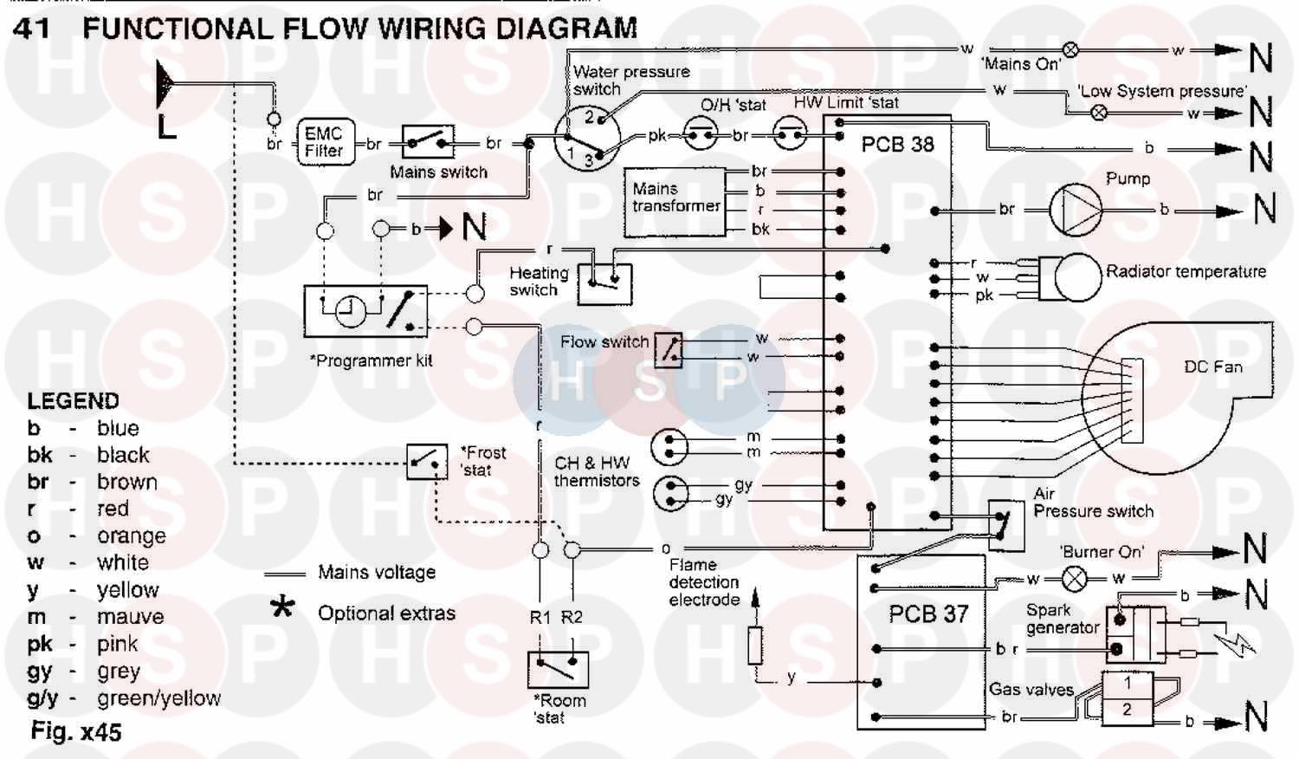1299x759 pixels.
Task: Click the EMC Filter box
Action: point(323,142)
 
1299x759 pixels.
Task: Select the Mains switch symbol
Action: point(430,143)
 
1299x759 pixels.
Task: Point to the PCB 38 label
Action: point(897,145)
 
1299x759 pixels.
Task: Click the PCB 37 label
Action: point(927,614)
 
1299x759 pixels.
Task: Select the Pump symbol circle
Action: point(1075,209)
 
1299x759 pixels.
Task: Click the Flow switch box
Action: point(668,349)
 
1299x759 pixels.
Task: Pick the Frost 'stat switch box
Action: point(427,462)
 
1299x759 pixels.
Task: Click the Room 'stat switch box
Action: point(558,669)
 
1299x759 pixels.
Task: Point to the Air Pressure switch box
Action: point(1005,523)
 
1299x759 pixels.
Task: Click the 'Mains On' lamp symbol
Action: point(1070,49)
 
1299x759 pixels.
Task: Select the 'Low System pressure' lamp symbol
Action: point(1099,112)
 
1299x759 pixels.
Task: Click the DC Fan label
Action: point(1212,367)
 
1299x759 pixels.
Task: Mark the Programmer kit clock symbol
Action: point(351,310)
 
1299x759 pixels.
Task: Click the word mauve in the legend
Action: point(130,617)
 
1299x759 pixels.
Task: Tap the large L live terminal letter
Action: point(166,127)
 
